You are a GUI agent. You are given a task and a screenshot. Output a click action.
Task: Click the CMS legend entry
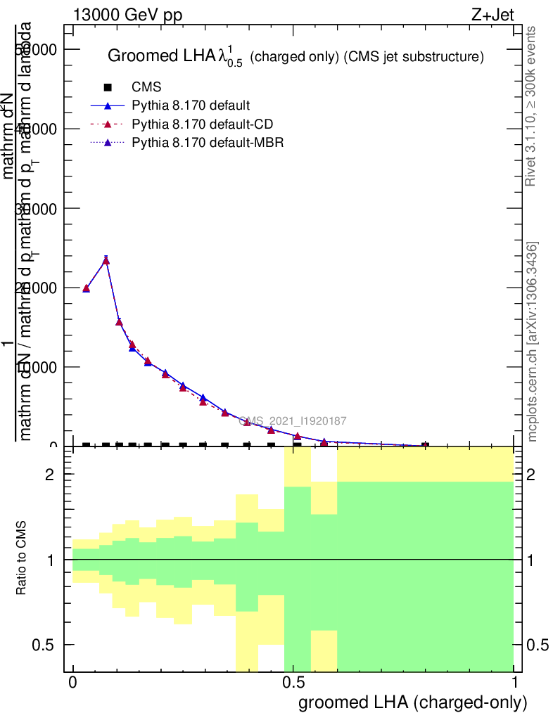(x=146, y=87)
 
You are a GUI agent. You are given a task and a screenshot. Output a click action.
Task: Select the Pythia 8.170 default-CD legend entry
(x=203, y=124)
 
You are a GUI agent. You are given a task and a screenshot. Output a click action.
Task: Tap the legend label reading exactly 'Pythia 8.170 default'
(x=191, y=106)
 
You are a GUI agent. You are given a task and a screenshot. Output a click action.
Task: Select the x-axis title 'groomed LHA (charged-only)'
(x=413, y=702)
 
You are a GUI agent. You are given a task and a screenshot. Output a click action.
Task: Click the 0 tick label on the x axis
(x=72, y=682)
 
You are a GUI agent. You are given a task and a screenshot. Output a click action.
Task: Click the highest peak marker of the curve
(x=106, y=260)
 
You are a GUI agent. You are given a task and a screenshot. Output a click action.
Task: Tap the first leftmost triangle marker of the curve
(x=86, y=288)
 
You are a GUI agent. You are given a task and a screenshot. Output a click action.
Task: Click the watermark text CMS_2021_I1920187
(x=293, y=421)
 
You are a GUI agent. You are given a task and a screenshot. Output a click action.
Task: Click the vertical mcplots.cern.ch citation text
(x=533, y=341)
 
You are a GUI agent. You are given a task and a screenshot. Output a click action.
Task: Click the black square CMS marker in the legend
(x=108, y=87)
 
